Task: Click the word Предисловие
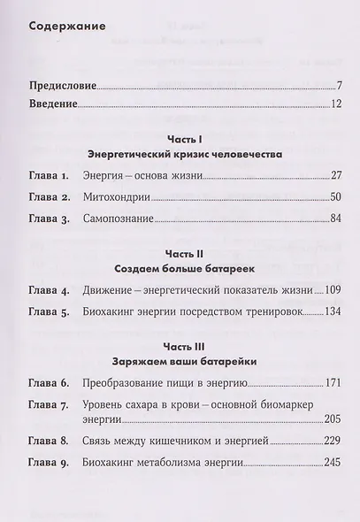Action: tap(62, 87)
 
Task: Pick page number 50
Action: tap(333, 197)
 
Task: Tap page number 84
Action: tap(333, 219)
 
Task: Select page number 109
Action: tap(332, 289)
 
